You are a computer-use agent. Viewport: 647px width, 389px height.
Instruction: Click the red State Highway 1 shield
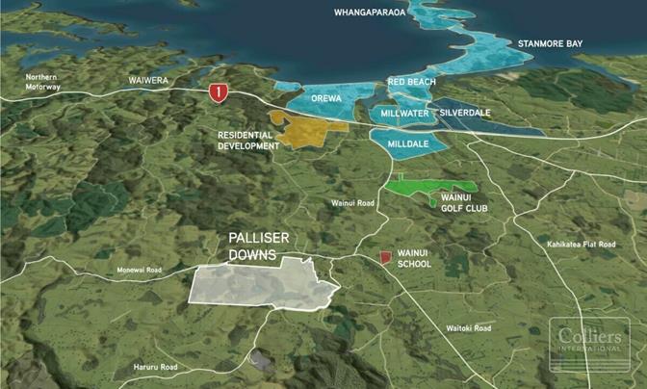220,92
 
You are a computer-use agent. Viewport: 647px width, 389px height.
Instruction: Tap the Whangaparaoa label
372,13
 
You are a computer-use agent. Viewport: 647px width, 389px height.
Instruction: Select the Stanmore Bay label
551,43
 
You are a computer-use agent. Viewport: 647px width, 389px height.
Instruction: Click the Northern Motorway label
43,82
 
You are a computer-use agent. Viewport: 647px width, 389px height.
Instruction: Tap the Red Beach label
411,84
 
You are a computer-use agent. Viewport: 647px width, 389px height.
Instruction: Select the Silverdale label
465,113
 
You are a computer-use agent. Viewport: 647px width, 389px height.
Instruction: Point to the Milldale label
407,143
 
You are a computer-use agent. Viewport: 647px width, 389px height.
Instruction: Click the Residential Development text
248,141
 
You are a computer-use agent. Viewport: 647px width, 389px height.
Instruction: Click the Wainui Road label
351,203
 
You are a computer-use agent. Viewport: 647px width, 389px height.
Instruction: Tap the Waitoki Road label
468,327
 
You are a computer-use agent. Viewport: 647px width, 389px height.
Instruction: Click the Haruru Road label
155,367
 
